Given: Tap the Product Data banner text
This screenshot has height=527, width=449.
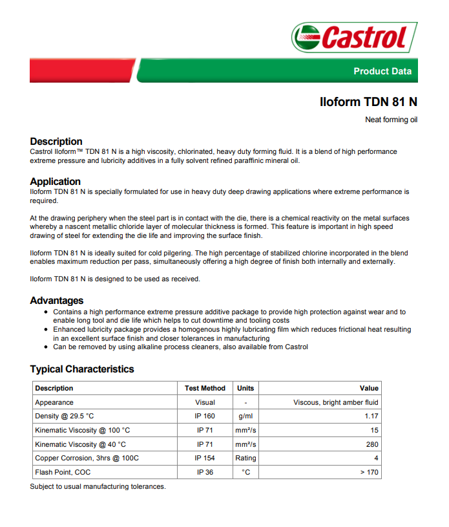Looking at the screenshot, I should click(x=382, y=71).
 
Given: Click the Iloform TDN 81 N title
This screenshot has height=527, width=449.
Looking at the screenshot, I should click(x=368, y=102).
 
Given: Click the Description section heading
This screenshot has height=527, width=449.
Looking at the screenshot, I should click(x=56, y=141).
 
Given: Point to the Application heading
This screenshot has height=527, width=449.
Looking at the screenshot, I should click(x=56, y=181).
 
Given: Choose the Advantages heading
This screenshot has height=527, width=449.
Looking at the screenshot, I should click(x=57, y=300).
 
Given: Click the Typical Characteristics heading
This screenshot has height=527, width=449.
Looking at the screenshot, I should click(x=82, y=369).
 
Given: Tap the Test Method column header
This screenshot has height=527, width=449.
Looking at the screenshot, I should click(x=205, y=388).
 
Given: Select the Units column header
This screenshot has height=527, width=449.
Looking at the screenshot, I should click(x=245, y=388).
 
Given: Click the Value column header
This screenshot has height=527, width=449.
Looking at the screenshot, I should click(x=369, y=388).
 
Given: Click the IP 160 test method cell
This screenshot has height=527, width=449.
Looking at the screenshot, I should click(x=205, y=416).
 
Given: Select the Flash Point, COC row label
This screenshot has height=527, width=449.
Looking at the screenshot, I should click(x=63, y=472).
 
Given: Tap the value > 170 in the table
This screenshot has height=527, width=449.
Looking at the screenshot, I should click(x=369, y=472).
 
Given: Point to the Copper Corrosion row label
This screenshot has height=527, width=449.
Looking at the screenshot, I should click(x=87, y=458).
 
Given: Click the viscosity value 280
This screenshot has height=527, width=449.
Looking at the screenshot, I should click(x=372, y=444).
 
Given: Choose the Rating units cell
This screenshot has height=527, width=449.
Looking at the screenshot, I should click(x=245, y=458).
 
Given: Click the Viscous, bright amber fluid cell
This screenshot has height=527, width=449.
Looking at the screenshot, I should click(x=336, y=402).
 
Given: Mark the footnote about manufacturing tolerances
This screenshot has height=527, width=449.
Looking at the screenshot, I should click(x=98, y=486).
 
